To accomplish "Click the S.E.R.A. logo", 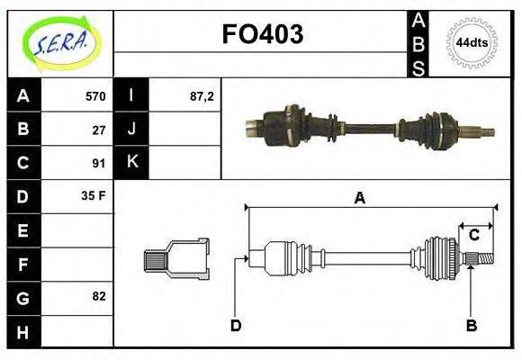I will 60,43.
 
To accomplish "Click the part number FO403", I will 262,34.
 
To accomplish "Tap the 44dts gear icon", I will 472,42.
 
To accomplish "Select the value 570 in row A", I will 95,95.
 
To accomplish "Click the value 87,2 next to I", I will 202,95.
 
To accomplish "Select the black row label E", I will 22,230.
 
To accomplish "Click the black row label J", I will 131,129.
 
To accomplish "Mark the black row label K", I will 131,163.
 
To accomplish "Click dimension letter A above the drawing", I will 359,198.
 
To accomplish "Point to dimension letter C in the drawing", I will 474,236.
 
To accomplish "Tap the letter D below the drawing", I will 235,325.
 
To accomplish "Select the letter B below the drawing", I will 471,325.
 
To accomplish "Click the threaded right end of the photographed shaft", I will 486,133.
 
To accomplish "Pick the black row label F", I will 22,265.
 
